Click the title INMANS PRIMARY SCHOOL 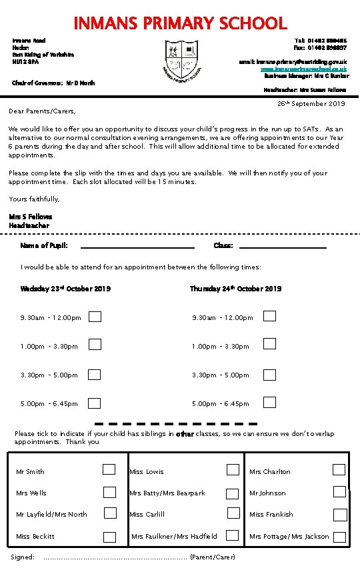180,23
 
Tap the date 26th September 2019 311,104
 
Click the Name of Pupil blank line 137,247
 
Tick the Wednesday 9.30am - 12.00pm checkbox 95,316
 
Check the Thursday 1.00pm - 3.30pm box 269,344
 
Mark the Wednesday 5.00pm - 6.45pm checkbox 95,403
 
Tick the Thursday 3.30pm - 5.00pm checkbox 269,374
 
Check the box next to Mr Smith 109,469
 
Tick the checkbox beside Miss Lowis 233,469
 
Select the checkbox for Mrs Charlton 339,469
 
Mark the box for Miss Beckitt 109,537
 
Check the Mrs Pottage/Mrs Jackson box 340,537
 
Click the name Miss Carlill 147,515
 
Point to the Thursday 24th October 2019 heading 235,289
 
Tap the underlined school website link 303,69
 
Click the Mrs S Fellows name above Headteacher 31,217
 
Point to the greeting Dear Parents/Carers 42,111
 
